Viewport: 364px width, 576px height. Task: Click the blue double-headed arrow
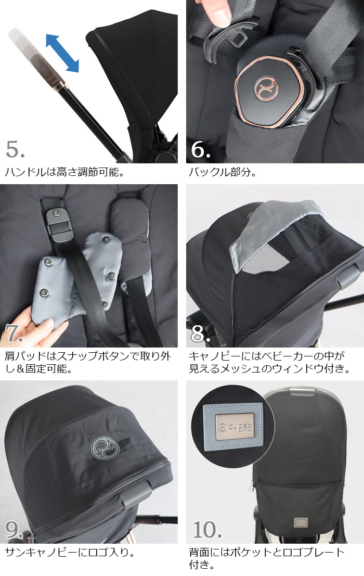coord(62,53)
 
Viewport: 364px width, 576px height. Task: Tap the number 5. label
coord(16,149)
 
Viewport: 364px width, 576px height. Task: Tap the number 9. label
coord(15,530)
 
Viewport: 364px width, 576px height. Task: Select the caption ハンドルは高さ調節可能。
coord(65,172)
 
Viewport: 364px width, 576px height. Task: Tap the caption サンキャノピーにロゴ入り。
coord(70,552)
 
